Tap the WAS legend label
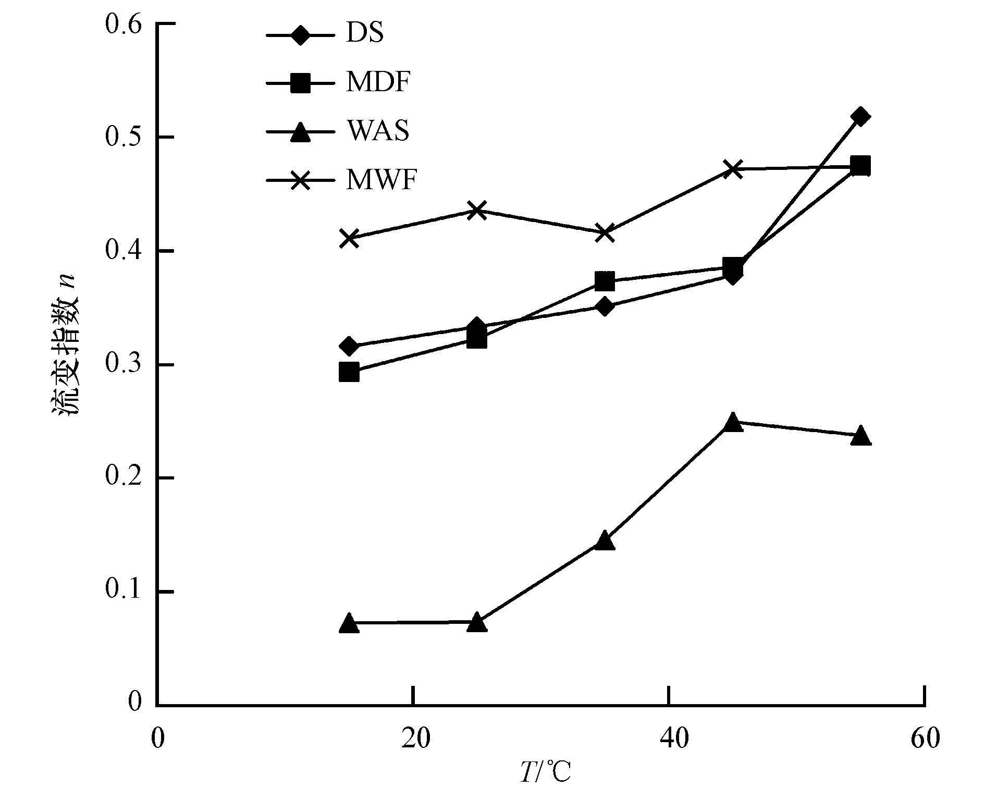click(x=378, y=131)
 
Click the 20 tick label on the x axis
click(x=413, y=739)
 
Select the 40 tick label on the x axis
click(x=669, y=739)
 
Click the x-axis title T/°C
click(x=545, y=773)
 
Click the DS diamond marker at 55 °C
click(x=860, y=116)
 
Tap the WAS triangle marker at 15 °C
click(x=349, y=623)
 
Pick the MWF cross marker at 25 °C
click(x=477, y=211)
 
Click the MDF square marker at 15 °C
click(x=349, y=373)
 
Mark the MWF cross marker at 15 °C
click(x=349, y=239)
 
